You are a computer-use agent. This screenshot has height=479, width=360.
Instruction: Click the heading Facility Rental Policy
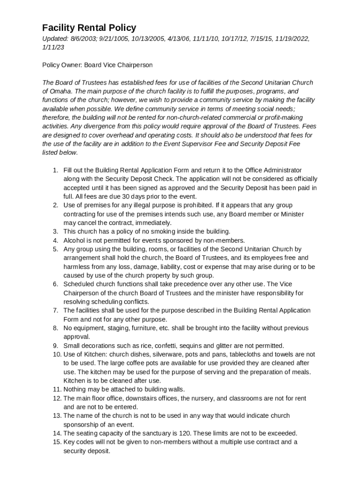click(89, 28)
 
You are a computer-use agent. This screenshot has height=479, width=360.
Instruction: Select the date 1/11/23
click(53, 47)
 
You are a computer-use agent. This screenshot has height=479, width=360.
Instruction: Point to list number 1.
click(55, 170)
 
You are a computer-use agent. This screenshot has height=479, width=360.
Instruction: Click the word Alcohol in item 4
click(74, 240)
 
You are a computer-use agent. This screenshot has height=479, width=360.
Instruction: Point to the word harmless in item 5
click(76, 267)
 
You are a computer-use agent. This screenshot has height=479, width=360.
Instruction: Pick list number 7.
click(55, 311)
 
